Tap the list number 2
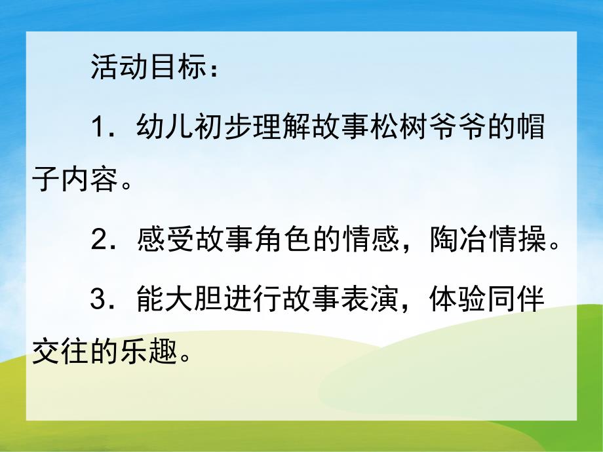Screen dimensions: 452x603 100,242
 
